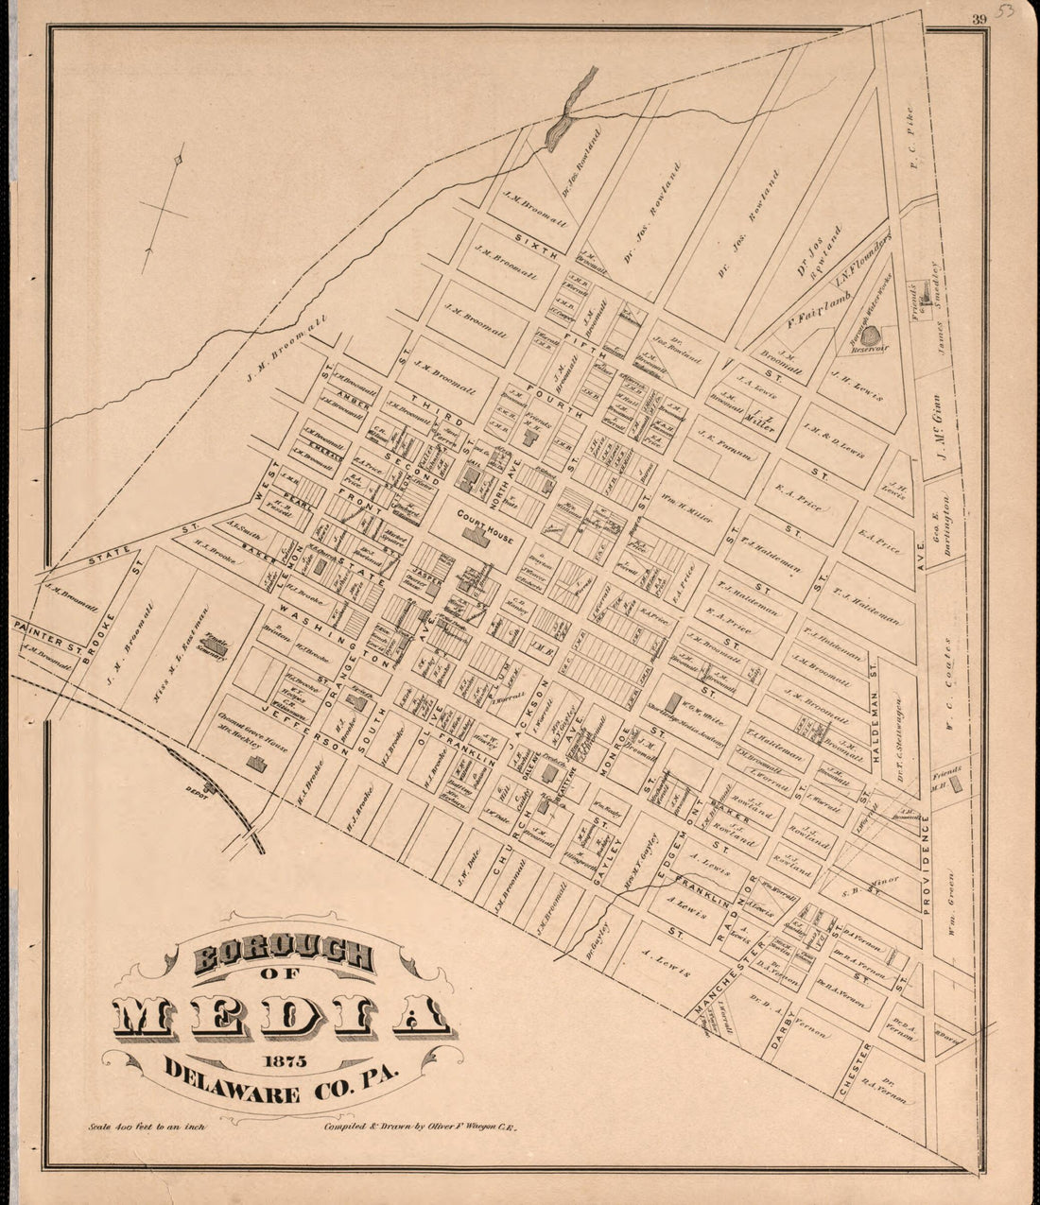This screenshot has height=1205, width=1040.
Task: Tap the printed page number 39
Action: pyautogui.click(x=979, y=16)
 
